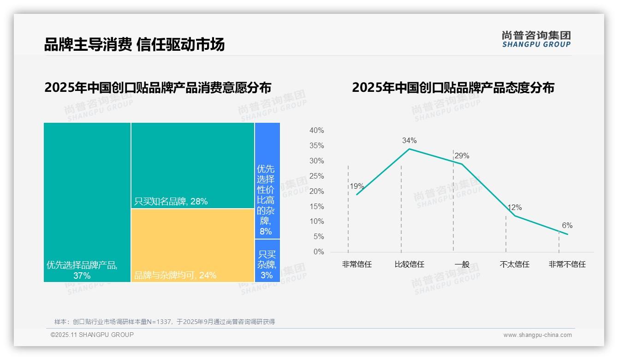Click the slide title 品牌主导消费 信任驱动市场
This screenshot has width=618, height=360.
pyautogui.click(x=134, y=44)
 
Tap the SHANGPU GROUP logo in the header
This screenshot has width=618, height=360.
pyautogui.click(x=536, y=39)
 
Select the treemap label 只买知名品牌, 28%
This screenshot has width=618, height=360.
pyautogui.click(x=171, y=201)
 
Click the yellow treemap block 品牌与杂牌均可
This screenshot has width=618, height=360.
pyautogui.click(x=192, y=245)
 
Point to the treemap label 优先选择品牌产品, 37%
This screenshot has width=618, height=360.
pyautogui.click(x=82, y=270)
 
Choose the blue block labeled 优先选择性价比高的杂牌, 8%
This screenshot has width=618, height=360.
pyautogui.click(x=267, y=180)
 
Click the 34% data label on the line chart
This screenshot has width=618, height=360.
pyautogui.click(x=409, y=140)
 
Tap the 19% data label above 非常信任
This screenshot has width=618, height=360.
pyautogui.click(x=357, y=186)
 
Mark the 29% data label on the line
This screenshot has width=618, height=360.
pyautogui.click(x=462, y=156)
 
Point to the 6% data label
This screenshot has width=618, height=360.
pyautogui.click(x=567, y=225)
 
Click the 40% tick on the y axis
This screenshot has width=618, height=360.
pyautogui.click(x=316, y=131)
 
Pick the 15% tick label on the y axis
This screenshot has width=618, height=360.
pyautogui.click(x=316, y=206)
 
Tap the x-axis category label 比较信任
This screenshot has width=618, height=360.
pyautogui.click(x=409, y=264)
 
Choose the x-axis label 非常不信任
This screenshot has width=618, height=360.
pyautogui.click(x=567, y=264)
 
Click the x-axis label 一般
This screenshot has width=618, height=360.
pyautogui.click(x=462, y=264)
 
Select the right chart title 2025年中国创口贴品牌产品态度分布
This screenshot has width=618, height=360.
pyautogui.click(x=453, y=87)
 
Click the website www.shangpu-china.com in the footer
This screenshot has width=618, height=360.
pyautogui.click(x=537, y=335)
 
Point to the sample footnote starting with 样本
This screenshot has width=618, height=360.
pyautogui.click(x=165, y=322)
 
